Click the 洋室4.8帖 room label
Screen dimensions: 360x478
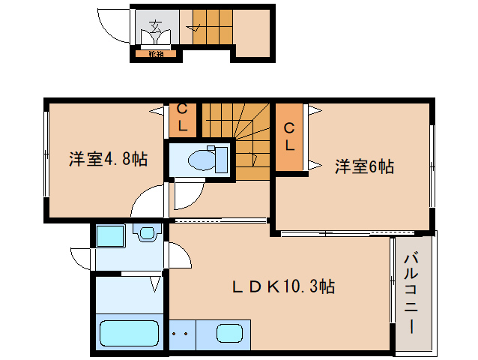[108, 159]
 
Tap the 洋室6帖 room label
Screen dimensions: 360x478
[364, 167]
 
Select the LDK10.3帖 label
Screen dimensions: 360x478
[283, 286]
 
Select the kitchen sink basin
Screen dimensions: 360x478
[229, 333]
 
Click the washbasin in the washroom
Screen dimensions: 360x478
[146, 233]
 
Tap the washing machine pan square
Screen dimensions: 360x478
[112, 237]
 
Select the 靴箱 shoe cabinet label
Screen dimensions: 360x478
[156, 53]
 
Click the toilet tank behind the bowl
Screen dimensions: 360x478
[221, 160]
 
